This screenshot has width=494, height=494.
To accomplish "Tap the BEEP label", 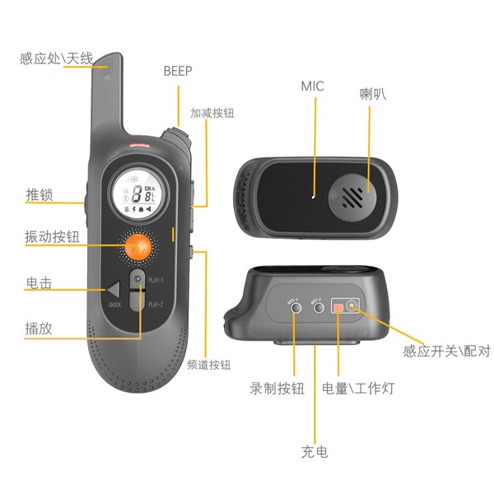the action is (x=178, y=72).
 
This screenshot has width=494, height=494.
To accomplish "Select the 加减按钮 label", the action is (x=212, y=113).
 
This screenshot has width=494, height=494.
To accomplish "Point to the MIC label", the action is (x=313, y=86).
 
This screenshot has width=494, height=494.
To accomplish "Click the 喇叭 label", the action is (x=373, y=94).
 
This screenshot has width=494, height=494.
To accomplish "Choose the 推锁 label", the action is (x=40, y=195).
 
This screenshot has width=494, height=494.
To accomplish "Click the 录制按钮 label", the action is (x=277, y=389).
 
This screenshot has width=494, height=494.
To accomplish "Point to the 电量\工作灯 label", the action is (x=357, y=389).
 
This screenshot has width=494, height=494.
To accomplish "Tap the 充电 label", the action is (x=315, y=451).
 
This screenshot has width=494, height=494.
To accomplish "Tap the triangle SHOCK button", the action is (x=114, y=290).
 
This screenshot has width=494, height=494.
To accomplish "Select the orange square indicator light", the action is (x=338, y=308).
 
